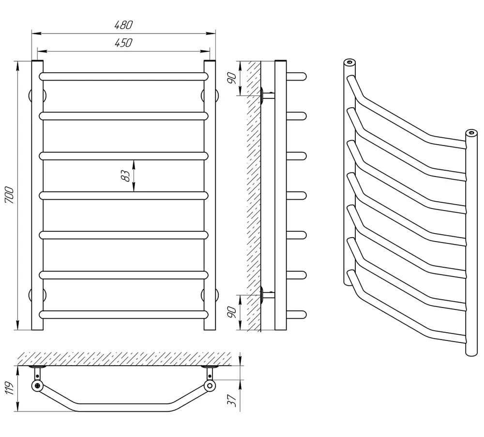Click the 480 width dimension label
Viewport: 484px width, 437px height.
tap(123, 25)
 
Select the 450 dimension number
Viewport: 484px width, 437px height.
tap(123, 43)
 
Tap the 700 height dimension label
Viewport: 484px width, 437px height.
tap(10, 195)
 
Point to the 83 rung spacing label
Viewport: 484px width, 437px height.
tap(125, 176)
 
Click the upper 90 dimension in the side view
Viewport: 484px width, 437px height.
tap(232, 78)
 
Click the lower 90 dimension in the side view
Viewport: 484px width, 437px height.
tap(232, 312)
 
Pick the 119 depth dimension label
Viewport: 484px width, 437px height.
tap(10, 388)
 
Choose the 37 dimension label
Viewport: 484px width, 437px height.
tap(232, 401)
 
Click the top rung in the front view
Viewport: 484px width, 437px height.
tap(123, 76)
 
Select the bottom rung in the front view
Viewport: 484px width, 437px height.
tap(123, 314)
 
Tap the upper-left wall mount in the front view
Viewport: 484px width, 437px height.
tap(38, 96)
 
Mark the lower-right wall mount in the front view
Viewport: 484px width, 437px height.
tap(210, 295)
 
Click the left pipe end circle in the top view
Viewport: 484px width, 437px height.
tap(37, 386)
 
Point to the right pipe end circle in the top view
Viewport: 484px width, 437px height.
tap(210, 386)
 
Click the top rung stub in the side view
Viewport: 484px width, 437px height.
tap(297, 76)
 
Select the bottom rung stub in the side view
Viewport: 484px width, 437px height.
tap(297, 314)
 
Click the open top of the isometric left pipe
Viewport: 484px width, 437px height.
tap(350, 63)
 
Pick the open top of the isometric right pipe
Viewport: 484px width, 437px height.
tap(471, 133)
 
